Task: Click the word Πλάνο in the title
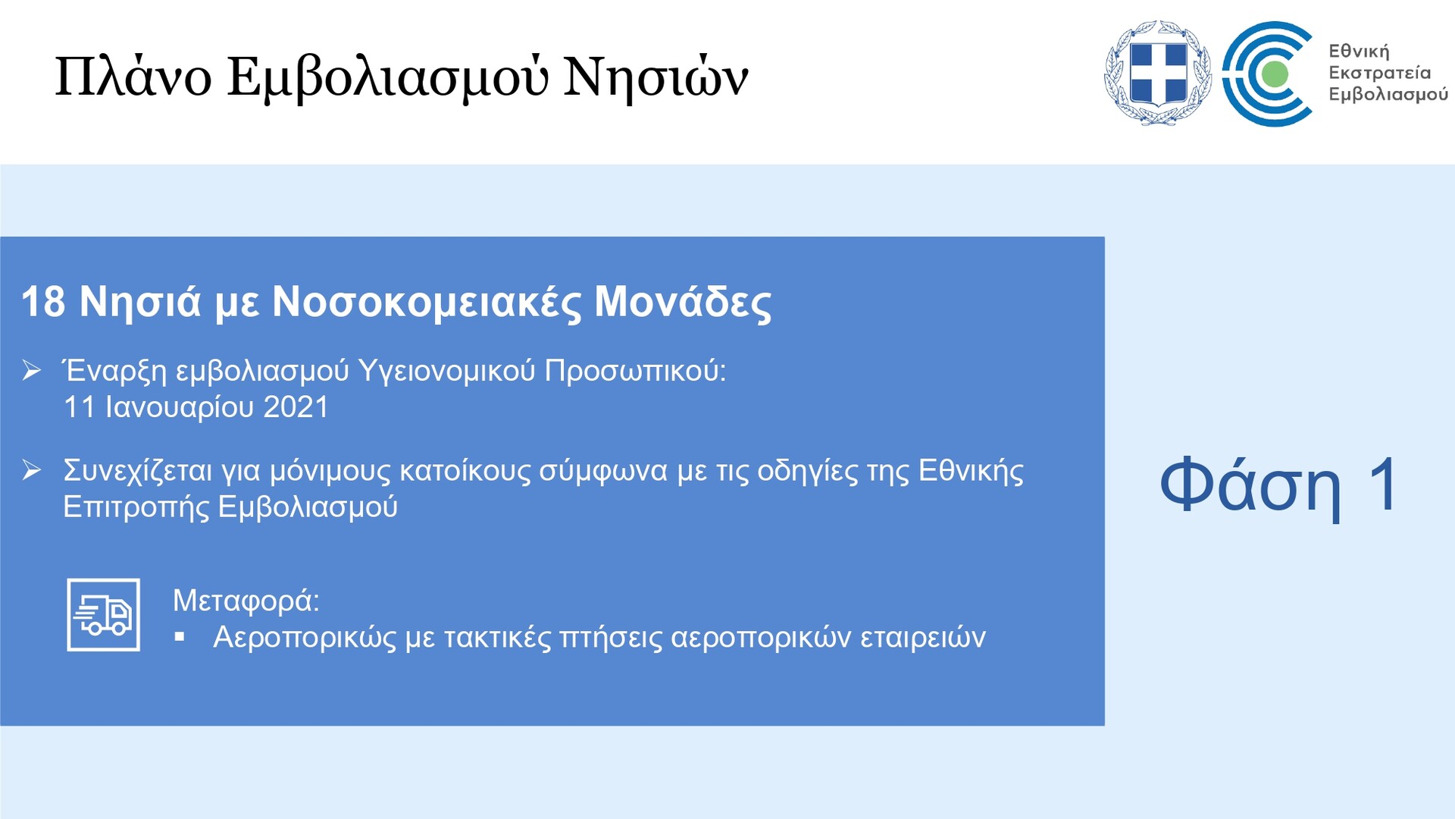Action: pos(133,77)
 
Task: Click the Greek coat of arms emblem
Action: pos(1157,73)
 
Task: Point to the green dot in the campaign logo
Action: pos(1275,74)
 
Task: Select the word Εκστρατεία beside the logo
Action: pos(1379,73)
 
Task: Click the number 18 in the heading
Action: pos(43,302)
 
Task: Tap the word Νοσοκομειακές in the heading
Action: pos(427,303)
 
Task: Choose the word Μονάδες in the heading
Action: pos(683,303)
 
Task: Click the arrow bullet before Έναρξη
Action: pos(32,371)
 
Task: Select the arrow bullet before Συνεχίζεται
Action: pos(32,470)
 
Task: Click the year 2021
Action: pos(296,407)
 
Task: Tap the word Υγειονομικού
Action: pos(446,372)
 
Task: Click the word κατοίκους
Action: pos(465,471)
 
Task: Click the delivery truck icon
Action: pos(103,615)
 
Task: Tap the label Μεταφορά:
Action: pos(246,601)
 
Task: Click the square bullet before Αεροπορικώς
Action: pos(180,637)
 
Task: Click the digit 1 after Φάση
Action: pos(1384,484)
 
